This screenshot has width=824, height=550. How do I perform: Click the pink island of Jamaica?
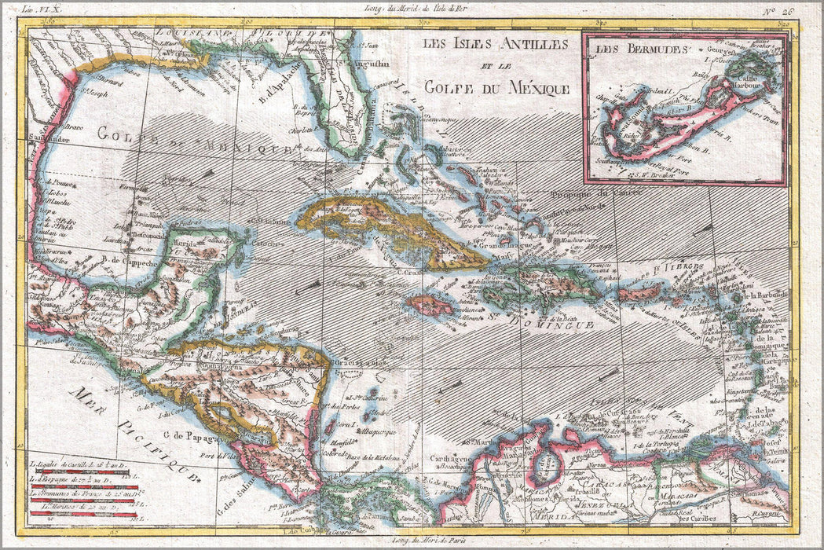coord(430,304)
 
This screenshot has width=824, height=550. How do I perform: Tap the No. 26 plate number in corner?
coord(786,10)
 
